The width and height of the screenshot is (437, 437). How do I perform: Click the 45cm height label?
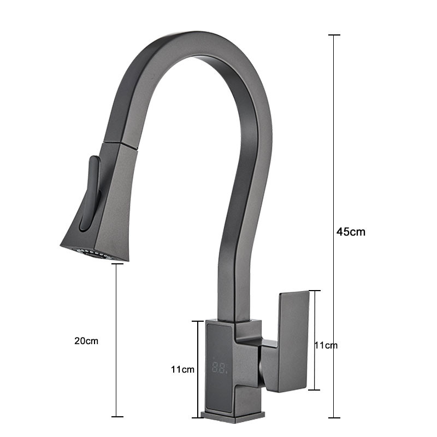point(351,232)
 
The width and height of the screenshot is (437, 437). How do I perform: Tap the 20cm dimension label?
point(86,341)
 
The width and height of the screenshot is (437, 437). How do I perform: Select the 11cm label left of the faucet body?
point(182,369)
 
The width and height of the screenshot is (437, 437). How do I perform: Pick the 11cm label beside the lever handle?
point(326,345)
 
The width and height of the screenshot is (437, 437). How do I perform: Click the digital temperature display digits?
point(220,368)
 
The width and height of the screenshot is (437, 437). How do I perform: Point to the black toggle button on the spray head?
point(90,193)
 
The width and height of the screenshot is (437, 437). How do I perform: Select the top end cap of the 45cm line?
point(334,35)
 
